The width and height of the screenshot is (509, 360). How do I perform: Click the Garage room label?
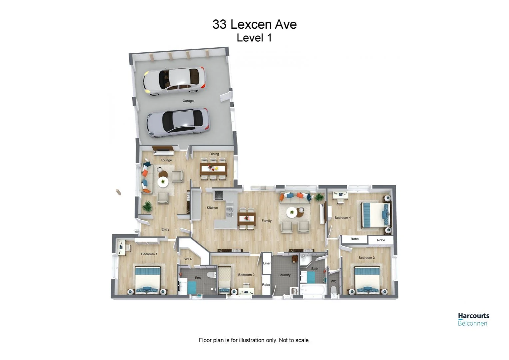point(188,101)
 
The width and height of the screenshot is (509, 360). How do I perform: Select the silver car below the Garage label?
point(178,122)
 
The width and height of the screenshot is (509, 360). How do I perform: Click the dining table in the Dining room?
point(213,169)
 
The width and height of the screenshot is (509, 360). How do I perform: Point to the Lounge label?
point(166,160)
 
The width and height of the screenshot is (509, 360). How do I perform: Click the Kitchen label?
point(212,208)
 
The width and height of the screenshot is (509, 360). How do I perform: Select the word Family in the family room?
point(266,221)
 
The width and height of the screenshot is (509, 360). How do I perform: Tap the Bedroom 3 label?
point(366,258)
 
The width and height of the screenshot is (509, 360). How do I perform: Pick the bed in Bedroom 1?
point(148,279)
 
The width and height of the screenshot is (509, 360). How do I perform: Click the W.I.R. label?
point(189,259)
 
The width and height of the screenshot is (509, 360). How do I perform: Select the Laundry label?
point(284,275)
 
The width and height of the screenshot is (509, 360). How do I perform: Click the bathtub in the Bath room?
point(312,290)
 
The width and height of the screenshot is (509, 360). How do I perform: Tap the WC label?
point(333,281)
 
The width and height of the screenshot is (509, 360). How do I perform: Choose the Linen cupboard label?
point(267,263)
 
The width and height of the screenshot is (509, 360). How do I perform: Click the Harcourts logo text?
point(473,316)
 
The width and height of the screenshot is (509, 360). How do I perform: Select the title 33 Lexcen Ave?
point(254,24)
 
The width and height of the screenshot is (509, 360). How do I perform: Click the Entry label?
point(165,229)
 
